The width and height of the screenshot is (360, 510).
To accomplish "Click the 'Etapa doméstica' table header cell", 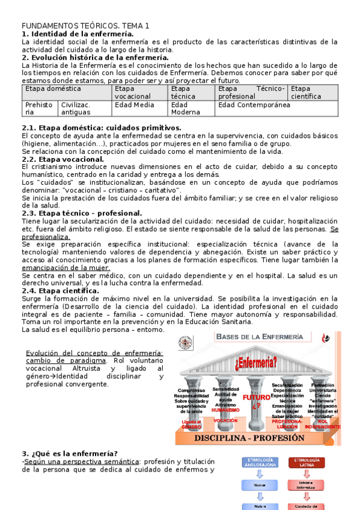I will pos(53,88).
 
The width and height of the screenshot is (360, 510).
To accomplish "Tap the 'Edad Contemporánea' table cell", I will pos(245,105).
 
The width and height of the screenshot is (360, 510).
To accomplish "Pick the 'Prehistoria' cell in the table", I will pos(38,108).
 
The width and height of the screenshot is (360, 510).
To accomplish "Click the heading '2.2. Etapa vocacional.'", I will pos(63,159).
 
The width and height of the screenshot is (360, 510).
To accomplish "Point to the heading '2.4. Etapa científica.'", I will pos(61,290).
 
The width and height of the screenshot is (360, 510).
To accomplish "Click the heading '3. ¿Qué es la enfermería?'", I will pos(70,453).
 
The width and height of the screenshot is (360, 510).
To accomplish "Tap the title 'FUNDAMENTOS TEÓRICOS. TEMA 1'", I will pos(85,26).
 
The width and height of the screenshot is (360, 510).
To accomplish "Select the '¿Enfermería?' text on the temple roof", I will pos(256,362).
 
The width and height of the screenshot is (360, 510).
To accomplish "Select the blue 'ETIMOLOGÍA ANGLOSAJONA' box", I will pos(259,462).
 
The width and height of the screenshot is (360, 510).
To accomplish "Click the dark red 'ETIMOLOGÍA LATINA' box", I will pos(307,462).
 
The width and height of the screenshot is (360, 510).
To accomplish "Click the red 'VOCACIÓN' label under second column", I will pos(225,421).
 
